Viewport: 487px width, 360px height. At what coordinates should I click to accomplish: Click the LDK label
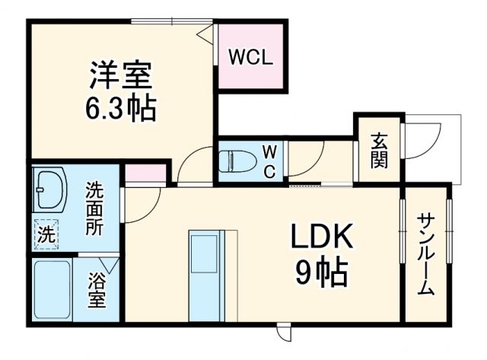click(320, 238)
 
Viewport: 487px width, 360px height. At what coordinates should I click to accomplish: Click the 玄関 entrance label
click(378, 150)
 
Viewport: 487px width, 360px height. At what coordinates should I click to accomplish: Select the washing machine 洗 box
click(46, 233)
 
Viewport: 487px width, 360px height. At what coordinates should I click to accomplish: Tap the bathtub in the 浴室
click(53, 292)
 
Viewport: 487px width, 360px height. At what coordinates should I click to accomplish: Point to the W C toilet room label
click(269, 161)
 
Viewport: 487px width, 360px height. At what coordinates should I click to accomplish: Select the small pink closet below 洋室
click(145, 174)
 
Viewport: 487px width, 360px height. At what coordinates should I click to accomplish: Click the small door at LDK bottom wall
click(282, 332)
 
